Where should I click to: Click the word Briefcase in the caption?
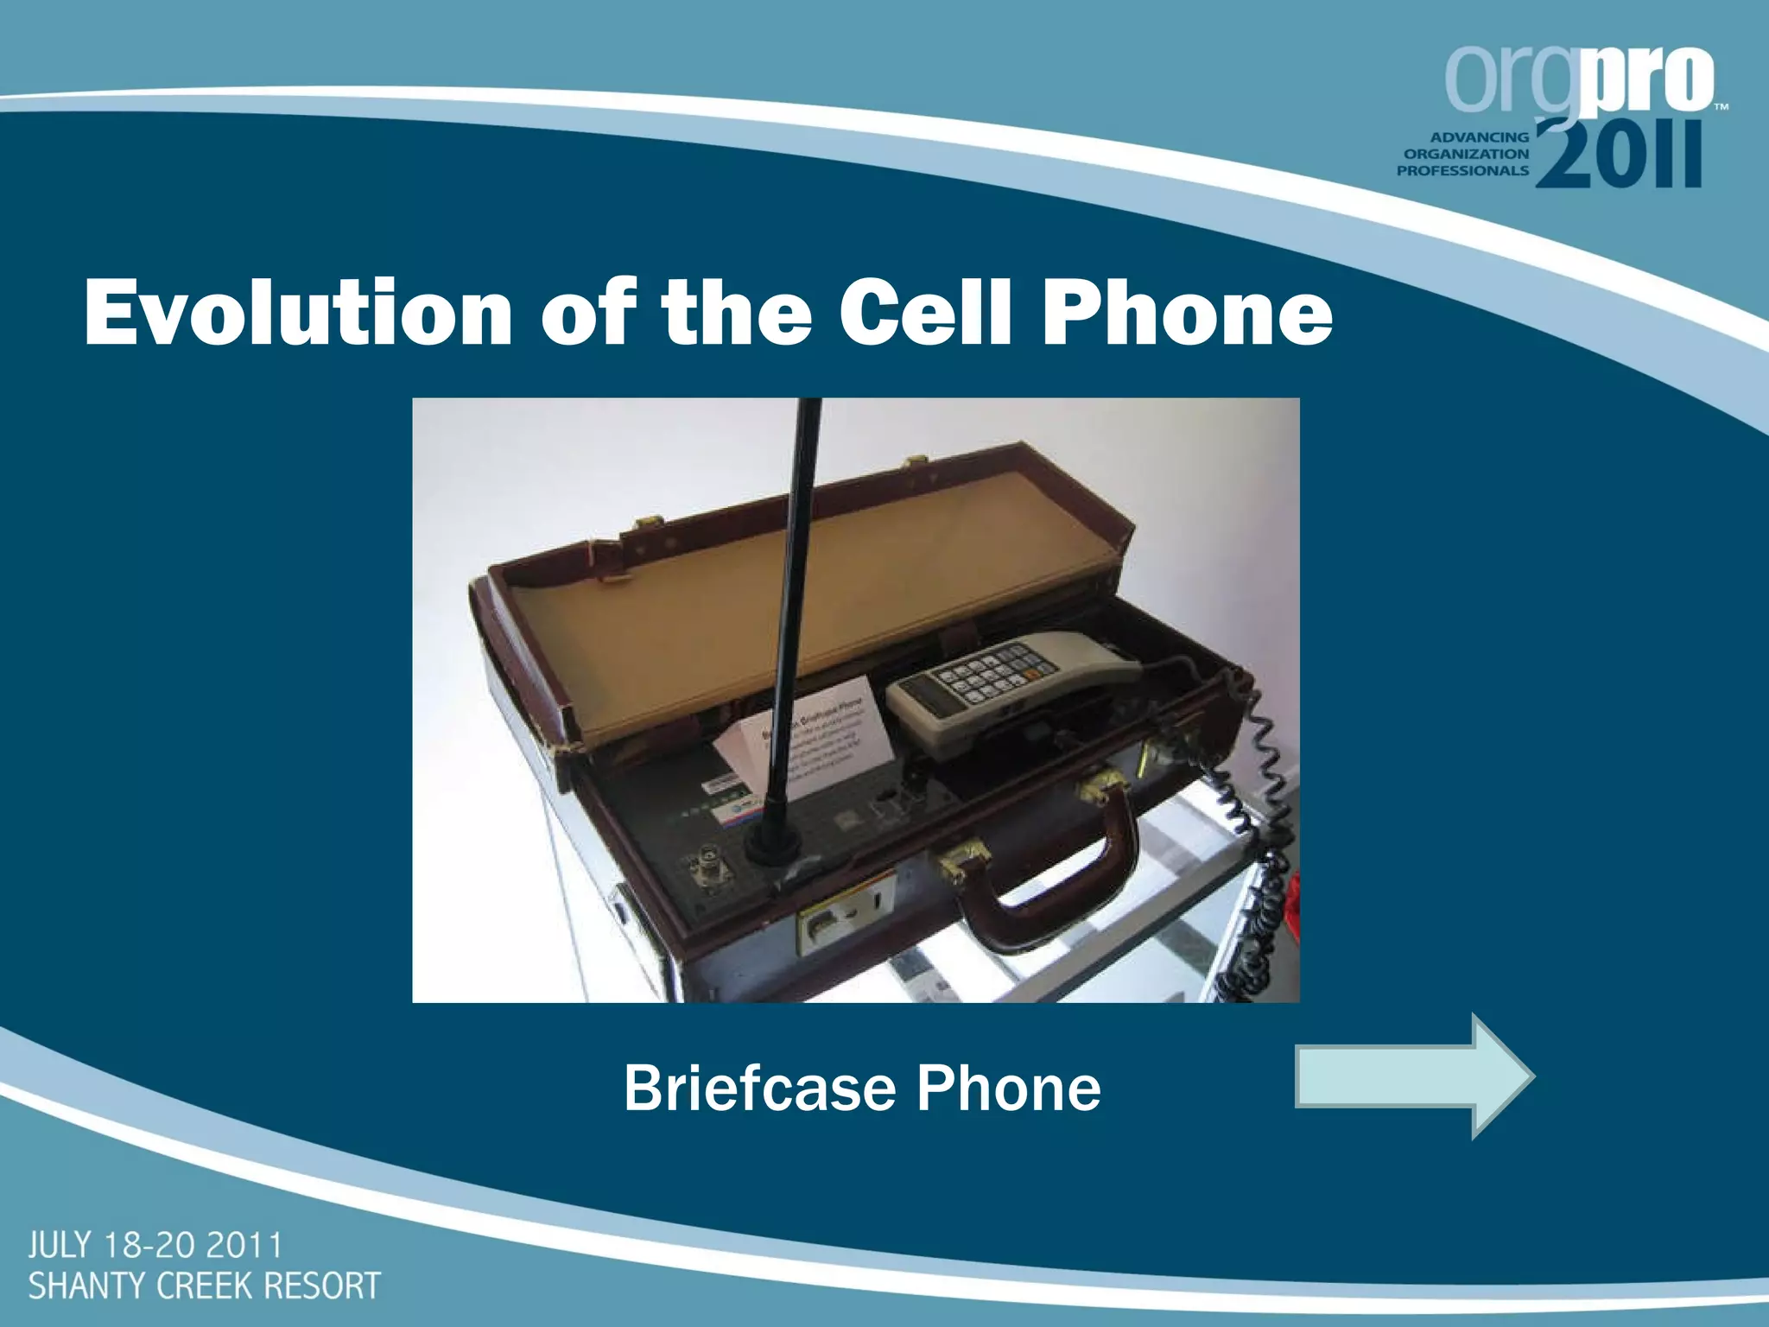tap(758, 1089)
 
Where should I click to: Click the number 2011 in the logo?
tap(1617, 156)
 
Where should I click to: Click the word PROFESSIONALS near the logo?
tap(1462, 170)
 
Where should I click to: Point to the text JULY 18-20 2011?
tap(155, 1247)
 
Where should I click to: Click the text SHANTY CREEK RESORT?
tap(204, 1286)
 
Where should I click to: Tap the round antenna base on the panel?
tap(768, 847)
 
